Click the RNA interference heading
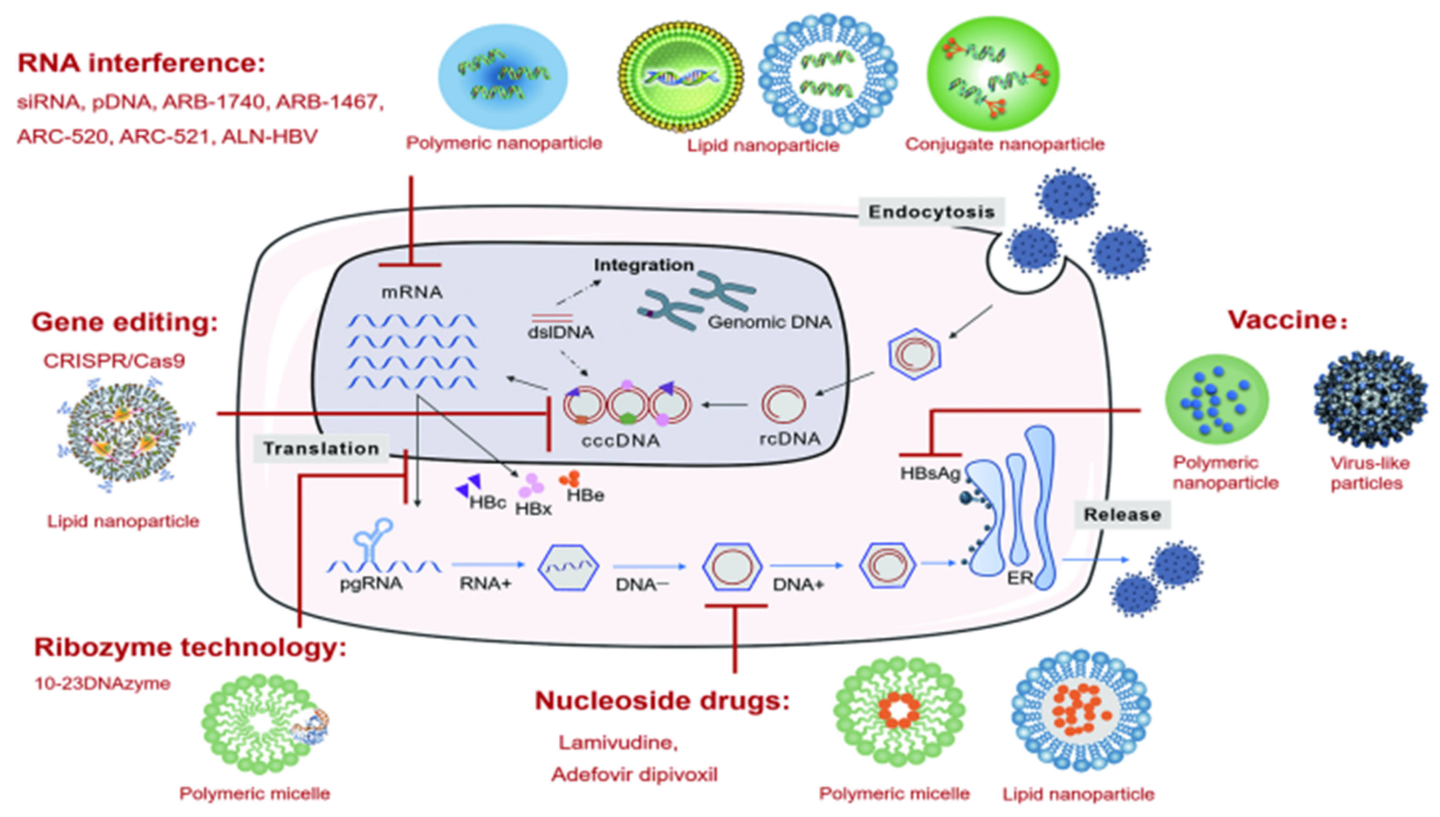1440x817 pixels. [x=141, y=63]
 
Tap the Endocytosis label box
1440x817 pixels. [x=931, y=212]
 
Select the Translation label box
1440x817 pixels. [x=321, y=448]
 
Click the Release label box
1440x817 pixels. [x=1122, y=514]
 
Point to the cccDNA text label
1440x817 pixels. [x=620, y=440]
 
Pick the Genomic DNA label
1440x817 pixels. [x=769, y=322]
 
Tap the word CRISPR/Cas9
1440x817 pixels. [x=114, y=361]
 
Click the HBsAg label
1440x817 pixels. [x=930, y=473]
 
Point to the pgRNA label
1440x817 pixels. [x=371, y=584]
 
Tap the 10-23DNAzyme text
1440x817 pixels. [x=102, y=683]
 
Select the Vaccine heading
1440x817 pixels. [x=1284, y=320]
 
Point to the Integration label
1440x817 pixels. [x=644, y=265]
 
